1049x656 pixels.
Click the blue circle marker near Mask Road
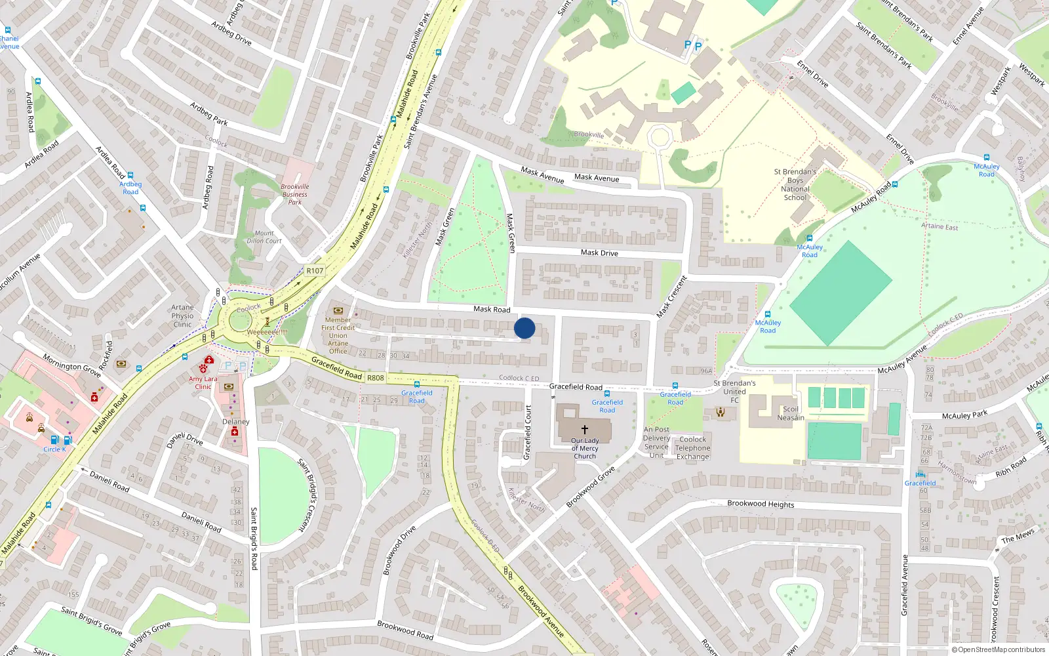pyautogui.click(x=524, y=328)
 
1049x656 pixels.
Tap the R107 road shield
pyautogui.click(x=315, y=270)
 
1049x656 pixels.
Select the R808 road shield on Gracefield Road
pyautogui.click(x=376, y=378)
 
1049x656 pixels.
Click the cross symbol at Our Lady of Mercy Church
pyautogui.click(x=585, y=430)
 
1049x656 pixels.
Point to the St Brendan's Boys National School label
pyautogui.click(x=795, y=184)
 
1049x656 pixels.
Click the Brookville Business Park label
pyautogui.click(x=295, y=194)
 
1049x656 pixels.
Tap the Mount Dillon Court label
pyautogui.click(x=264, y=237)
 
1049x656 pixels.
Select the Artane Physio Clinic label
pyautogui.click(x=182, y=316)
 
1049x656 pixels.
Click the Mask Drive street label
pyautogui.click(x=599, y=253)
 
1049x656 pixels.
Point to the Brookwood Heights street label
pyautogui.click(x=761, y=504)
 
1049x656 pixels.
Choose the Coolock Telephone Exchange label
pyautogui.click(x=693, y=448)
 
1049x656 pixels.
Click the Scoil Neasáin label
pyautogui.click(x=791, y=413)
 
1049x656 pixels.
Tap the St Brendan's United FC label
pyautogui.click(x=734, y=392)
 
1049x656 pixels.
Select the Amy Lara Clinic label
pyautogui.click(x=203, y=382)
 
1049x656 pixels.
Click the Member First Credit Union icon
pyautogui.click(x=338, y=310)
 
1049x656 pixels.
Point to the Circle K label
pyautogui.click(x=54, y=449)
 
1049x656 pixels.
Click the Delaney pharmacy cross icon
pyautogui.click(x=235, y=432)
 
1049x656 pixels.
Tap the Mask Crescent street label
pyautogui.click(x=672, y=297)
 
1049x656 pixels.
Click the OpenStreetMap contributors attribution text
pyautogui.click(x=999, y=649)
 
